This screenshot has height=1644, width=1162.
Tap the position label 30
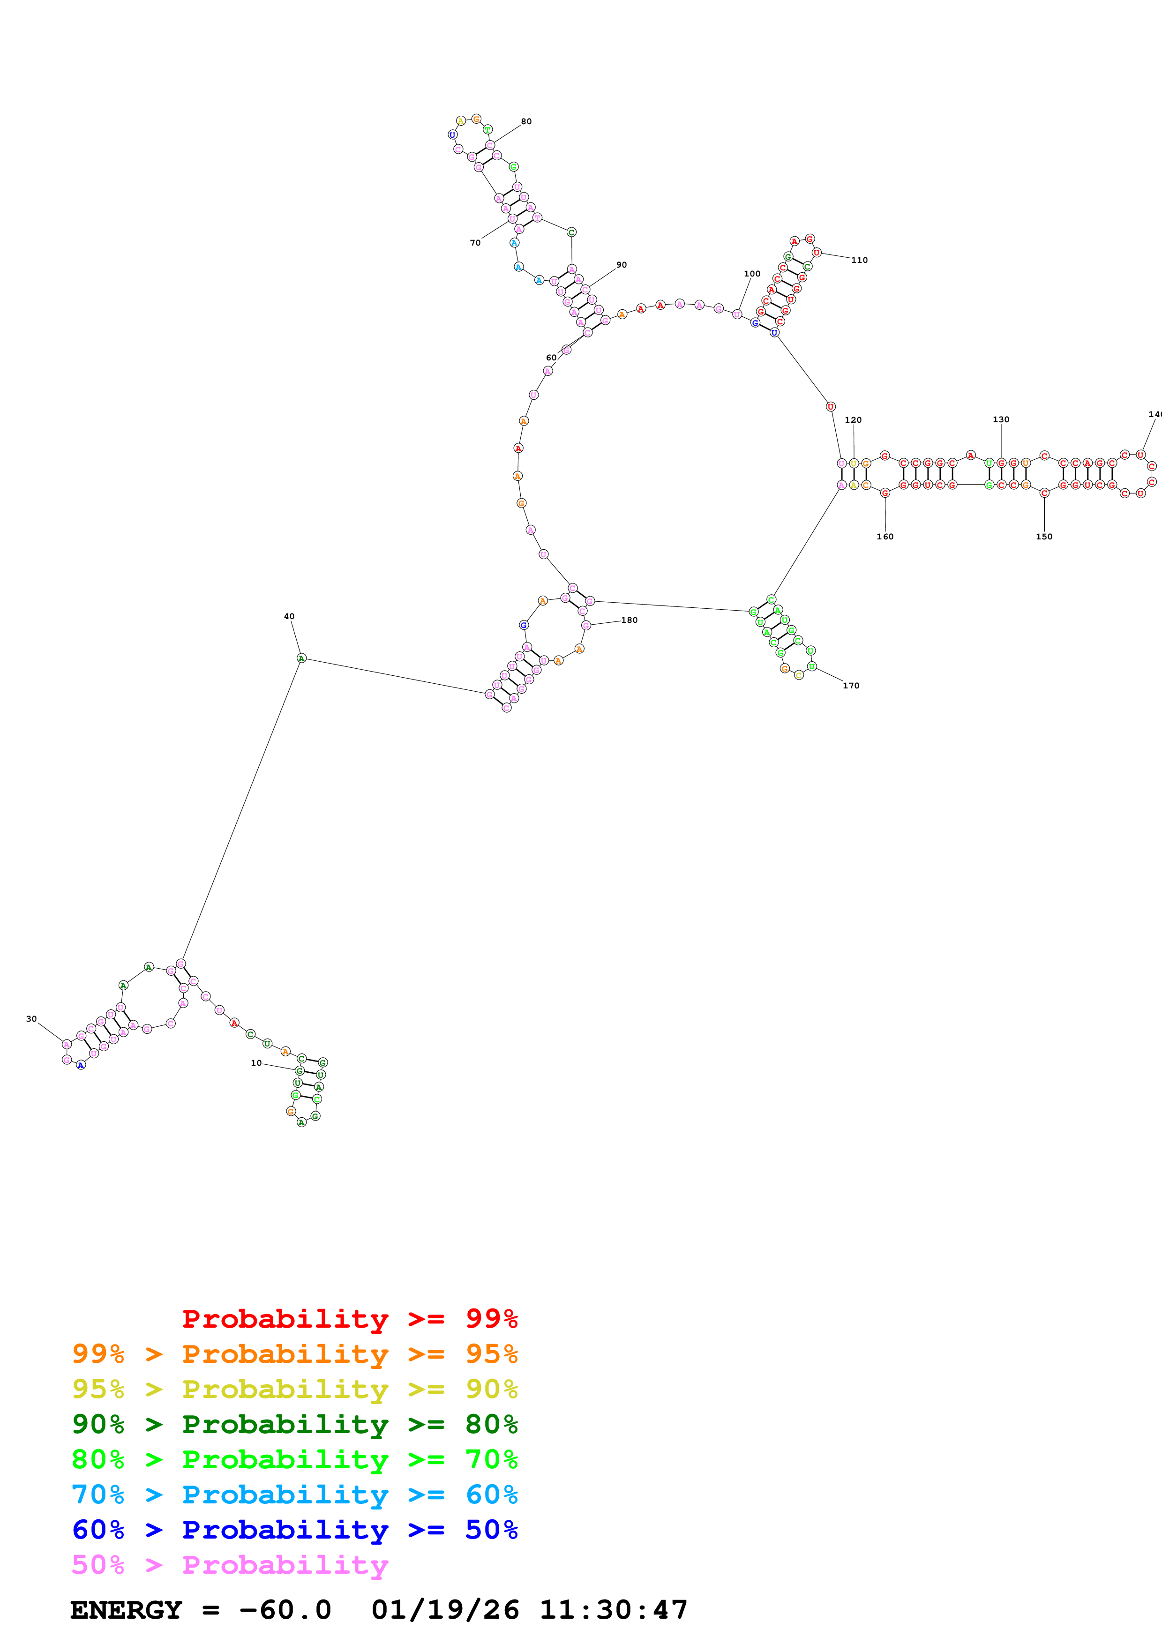pos(31,1019)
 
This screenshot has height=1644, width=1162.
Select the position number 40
pos(289,617)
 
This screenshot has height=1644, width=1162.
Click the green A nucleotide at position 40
pos(301,658)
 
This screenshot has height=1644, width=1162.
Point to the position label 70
pos(475,243)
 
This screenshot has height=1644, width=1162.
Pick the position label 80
pos(526,122)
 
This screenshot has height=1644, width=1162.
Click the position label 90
pos(622,265)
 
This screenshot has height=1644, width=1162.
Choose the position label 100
pos(752,274)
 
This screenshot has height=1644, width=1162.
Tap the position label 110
pos(859,261)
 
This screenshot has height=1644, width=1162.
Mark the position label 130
pos(1001,419)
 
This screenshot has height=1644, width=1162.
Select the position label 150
pos(1044,536)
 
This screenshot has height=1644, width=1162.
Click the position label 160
pos(885,536)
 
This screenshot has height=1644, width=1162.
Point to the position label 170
pos(851,686)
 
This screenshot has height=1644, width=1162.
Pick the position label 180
pos(630,620)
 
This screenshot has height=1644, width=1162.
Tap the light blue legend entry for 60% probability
pos(294,1495)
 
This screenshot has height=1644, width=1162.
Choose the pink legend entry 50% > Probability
pos(230,1565)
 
